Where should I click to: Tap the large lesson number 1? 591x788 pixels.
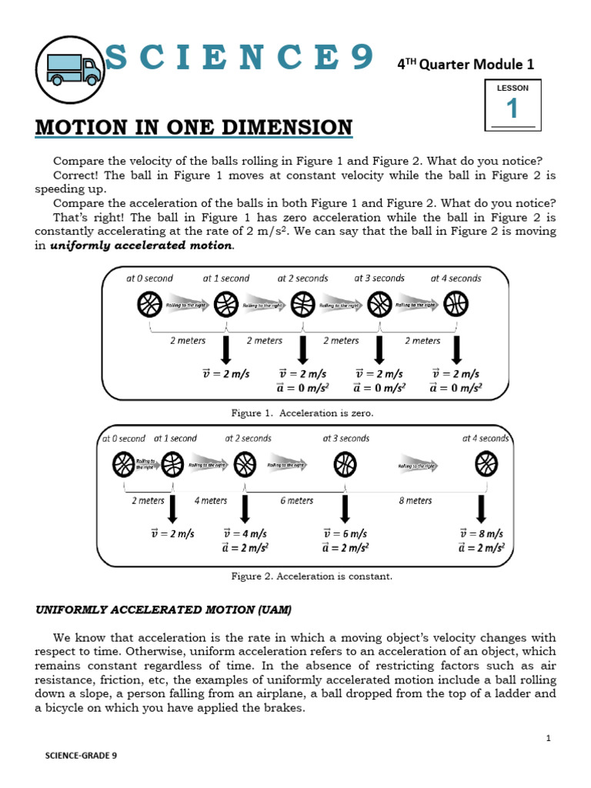(512, 109)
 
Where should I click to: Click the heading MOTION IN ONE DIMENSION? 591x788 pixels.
(193, 127)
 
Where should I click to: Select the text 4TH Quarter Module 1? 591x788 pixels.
(465, 65)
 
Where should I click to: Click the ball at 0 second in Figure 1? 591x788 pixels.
(149, 306)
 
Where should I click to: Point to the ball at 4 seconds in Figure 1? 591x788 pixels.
(456, 306)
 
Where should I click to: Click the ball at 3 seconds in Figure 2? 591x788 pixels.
(345, 465)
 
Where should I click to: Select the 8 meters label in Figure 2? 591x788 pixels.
(416, 500)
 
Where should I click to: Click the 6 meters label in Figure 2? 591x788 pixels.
(297, 500)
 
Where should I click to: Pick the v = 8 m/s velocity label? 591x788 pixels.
(482, 533)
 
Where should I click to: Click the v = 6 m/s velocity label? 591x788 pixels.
(345, 533)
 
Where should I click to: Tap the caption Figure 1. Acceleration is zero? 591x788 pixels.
(302, 413)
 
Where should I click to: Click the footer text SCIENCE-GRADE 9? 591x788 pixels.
(81, 756)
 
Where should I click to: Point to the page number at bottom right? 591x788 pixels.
(548, 738)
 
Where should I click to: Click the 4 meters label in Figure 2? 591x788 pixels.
(210, 500)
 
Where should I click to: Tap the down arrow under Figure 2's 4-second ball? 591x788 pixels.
(482, 509)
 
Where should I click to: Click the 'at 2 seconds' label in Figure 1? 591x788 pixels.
(302, 278)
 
